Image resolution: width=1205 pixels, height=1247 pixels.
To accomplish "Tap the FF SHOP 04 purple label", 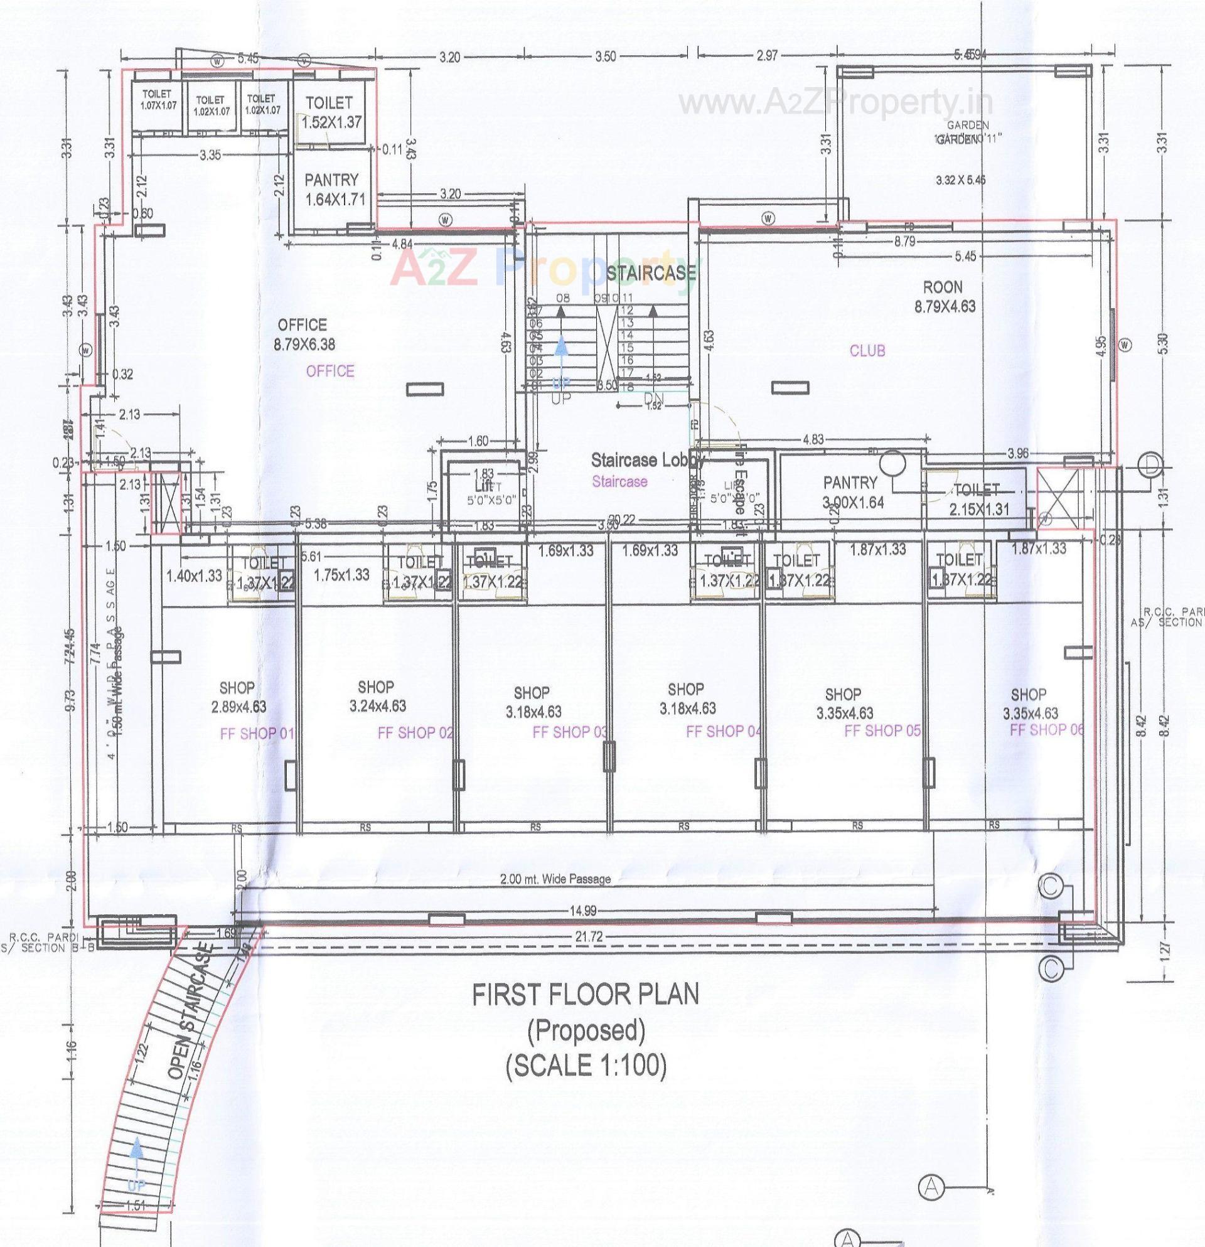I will [x=724, y=732].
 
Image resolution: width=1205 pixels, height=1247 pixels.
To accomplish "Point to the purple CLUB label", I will [x=867, y=351].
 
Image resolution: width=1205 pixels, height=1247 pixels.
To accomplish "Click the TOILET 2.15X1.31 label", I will [x=976, y=500].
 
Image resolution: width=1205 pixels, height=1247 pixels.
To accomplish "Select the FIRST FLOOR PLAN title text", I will [x=585, y=995].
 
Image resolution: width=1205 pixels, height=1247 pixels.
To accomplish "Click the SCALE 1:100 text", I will [x=586, y=1066].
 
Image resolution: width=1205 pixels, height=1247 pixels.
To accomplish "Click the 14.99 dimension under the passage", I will [x=583, y=911].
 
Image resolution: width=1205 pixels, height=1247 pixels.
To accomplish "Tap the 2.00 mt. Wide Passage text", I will [x=555, y=879].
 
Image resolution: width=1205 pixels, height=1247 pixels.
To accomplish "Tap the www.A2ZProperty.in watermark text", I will [x=836, y=102].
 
